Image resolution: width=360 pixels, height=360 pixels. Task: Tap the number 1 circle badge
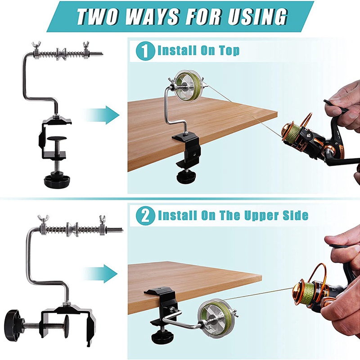(x=145, y=51)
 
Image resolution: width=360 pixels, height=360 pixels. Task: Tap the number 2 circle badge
(x=145, y=216)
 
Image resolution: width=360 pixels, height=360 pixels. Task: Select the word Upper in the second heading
(x=261, y=215)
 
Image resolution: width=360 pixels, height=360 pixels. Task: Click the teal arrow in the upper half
(x=102, y=115)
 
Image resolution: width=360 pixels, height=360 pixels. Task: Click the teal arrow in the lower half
(x=101, y=274)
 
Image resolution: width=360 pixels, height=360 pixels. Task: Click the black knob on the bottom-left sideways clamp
(x=13, y=322)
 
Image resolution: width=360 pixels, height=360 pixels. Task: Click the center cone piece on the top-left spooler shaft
(x=62, y=54)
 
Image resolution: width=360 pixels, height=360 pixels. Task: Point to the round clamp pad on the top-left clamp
(x=57, y=139)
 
